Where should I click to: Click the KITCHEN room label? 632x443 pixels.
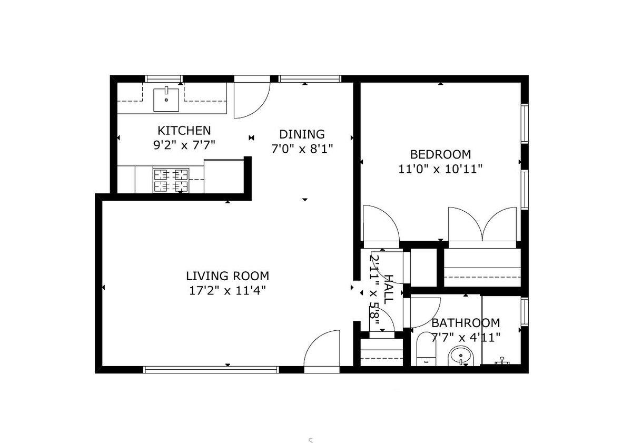coord(184,131)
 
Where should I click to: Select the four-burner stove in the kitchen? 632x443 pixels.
coord(171,180)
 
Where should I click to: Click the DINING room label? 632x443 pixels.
coord(302,134)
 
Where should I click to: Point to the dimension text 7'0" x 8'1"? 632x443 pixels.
coord(302,149)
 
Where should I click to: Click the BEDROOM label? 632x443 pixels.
coord(440,155)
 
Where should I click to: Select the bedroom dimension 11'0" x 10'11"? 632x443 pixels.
coord(440,169)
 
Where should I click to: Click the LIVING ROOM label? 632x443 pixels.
coord(227,276)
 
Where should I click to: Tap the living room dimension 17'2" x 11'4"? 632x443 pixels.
coord(227,290)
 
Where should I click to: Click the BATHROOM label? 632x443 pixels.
coord(466,323)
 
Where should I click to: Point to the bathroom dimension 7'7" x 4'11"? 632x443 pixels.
coord(466,337)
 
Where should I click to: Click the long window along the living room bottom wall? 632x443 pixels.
coord(211,370)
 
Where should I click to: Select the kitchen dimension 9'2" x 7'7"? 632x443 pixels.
coord(184,145)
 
